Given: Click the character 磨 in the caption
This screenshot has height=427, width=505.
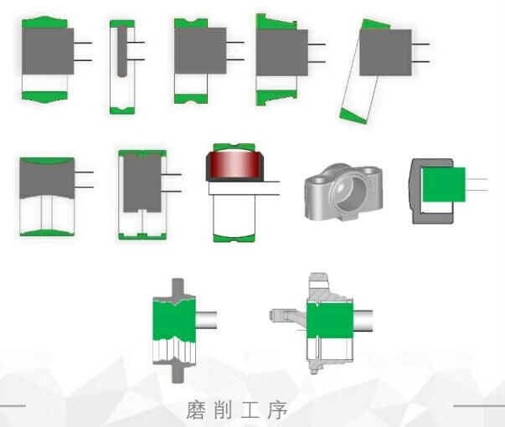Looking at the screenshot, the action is click(x=195, y=410).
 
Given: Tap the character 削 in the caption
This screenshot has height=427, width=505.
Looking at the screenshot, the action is click(x=223, y=410).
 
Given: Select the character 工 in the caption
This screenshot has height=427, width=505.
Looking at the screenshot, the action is click(x=250, y=410).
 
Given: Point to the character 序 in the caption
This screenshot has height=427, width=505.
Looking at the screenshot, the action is click(x=277, y=410).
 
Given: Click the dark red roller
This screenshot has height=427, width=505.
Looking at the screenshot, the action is click(x=234, y=164).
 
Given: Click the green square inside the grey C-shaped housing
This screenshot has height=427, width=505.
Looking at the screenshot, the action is click(x=444, y=184).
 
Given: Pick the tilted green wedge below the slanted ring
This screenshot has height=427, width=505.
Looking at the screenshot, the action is click(x=353, y=116).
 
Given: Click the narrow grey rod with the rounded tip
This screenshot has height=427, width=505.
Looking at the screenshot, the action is click(x=122, y=52).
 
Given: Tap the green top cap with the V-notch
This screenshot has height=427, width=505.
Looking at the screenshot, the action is click(x=191, y=23).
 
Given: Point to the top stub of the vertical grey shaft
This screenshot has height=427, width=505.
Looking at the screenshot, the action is click(x=178, y=287).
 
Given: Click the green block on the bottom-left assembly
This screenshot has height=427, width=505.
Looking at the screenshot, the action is click(x=174, y=320).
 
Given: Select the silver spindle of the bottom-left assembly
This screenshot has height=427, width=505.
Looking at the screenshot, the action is click(x=207, y=320).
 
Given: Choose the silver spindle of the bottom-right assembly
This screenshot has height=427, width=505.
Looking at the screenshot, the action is click(x=363, y=321).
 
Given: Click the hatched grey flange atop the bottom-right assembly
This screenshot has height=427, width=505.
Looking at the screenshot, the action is click(x=319, y=285).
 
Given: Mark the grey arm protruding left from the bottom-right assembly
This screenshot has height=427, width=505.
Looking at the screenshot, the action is click(x=287, y=315).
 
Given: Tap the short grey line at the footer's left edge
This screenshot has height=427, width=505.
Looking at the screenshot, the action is click(x=13, y=406).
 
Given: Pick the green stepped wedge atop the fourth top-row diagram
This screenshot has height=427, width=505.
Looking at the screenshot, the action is click(x=276, y=22).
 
